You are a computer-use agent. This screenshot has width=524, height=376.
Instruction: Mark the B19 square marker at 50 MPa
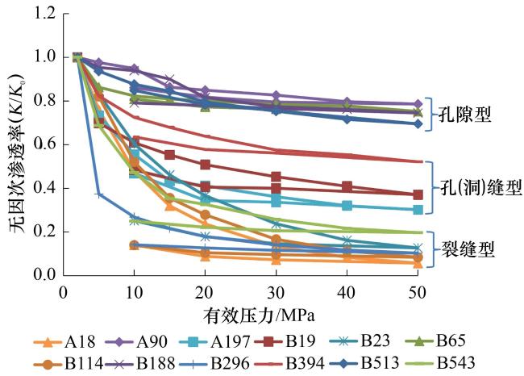418,194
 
